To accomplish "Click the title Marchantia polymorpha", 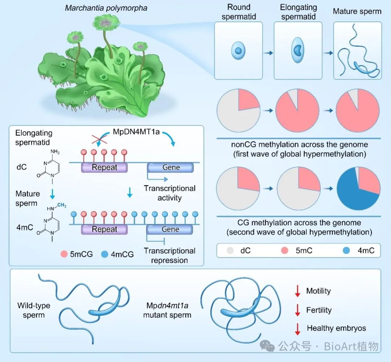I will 106,8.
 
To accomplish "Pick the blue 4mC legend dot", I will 347,250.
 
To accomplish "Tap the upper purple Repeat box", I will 105,167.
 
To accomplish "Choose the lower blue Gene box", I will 170,229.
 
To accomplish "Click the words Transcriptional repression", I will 169,255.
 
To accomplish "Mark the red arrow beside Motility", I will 298,291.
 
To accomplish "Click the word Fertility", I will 319,310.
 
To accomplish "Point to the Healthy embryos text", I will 336,328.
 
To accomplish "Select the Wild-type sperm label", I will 34,310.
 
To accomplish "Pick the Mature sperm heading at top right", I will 357,11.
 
